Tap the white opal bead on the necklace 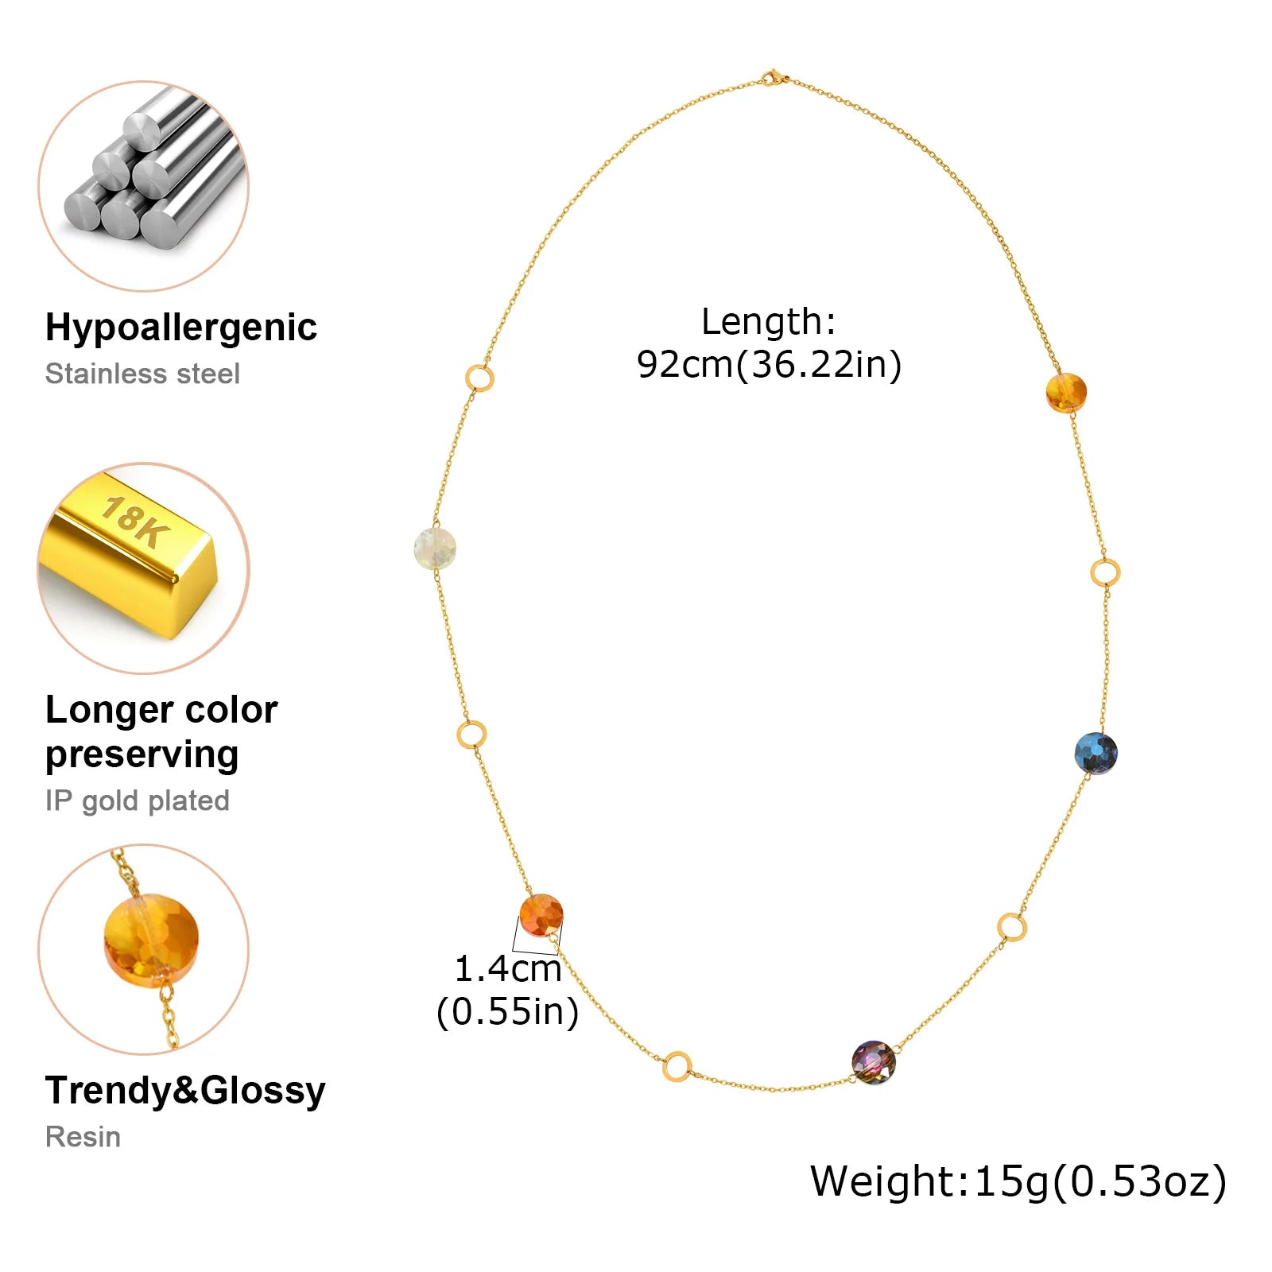pos(436,549)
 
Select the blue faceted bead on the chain pos(1096,753)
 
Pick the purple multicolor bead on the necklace pos(874,1062)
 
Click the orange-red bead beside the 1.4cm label pos(541,915)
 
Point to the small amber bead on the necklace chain pos(1066,393)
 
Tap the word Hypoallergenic pos(181,327)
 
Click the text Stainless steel pos(142,374)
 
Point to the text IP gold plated pos(138,801)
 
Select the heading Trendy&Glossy pos(185,1090)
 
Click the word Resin pos(83,1137)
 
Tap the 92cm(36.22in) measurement pos(770,364)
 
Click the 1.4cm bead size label pos(508,968)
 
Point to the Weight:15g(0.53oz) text pos(1018,1181)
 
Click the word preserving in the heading pos(142,754)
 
